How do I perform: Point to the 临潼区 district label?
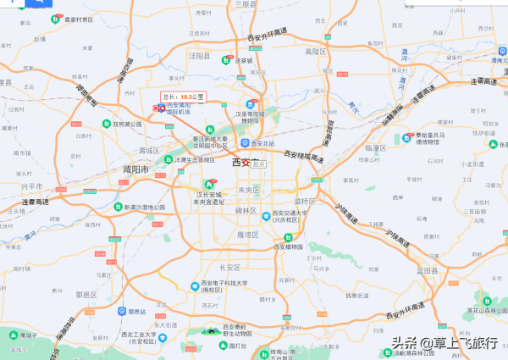[375, 147]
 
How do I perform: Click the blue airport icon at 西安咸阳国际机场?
[162, 108]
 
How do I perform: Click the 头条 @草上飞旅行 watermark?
[444, 343]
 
